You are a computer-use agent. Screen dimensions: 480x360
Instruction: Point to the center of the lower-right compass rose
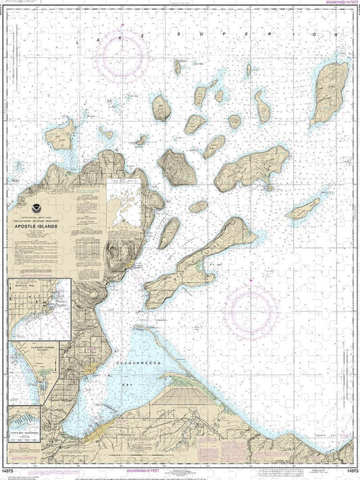(251, 310)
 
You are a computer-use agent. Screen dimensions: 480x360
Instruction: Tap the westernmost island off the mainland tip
(60, 134)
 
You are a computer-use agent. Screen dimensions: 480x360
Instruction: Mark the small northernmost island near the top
(177, 66)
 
